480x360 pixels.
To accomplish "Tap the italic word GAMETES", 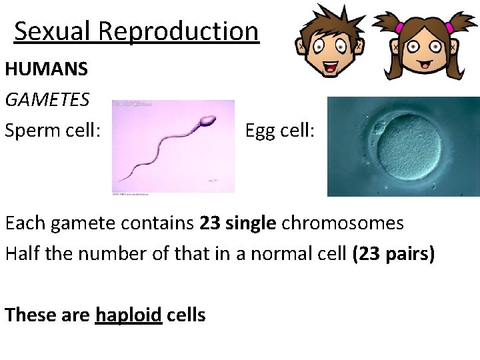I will [47, 99].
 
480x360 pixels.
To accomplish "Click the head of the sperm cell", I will [207, 121].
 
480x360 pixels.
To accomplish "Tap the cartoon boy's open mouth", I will [331, 67].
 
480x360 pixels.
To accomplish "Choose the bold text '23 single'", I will [237, 223].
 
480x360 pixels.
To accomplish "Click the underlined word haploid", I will [129, 314].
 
